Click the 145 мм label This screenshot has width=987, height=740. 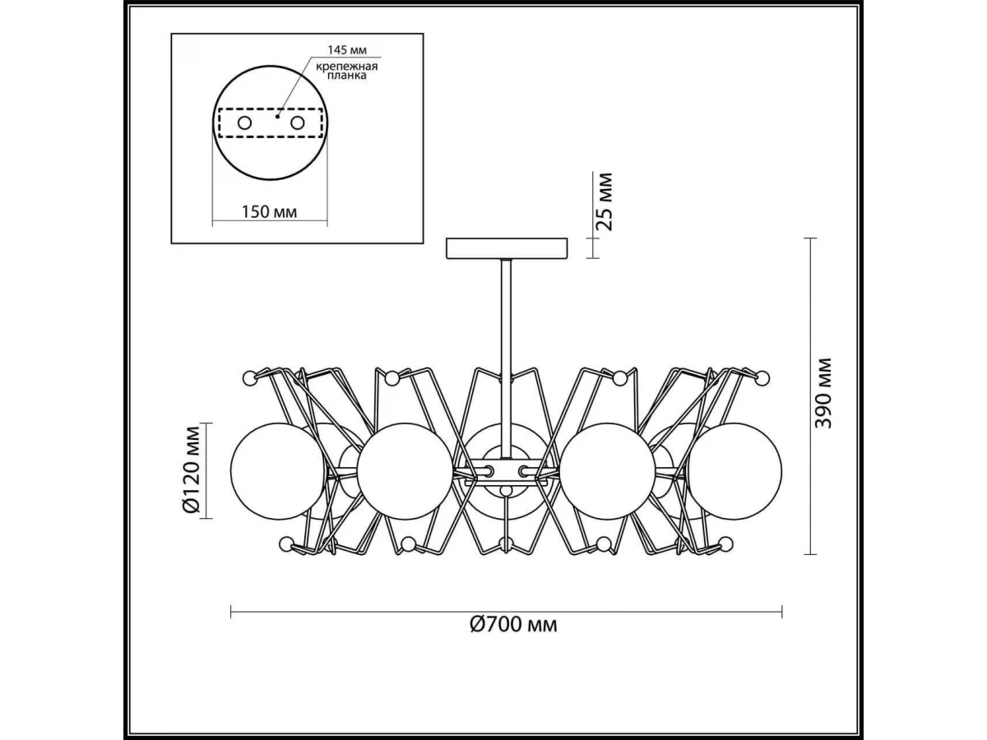click(x=347, y=49)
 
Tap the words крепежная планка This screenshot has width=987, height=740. click(x=346, y=71)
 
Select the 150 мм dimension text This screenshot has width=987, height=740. click(x=269, y=211)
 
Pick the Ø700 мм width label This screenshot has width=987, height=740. click(x=513, y=625)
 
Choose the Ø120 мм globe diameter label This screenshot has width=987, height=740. click(x=192, y=470)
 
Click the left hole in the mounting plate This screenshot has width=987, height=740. click(x=244, y=123)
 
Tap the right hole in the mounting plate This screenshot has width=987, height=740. click(x=297, y=123)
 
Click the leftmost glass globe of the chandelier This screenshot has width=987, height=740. click(x=278, y=471)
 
